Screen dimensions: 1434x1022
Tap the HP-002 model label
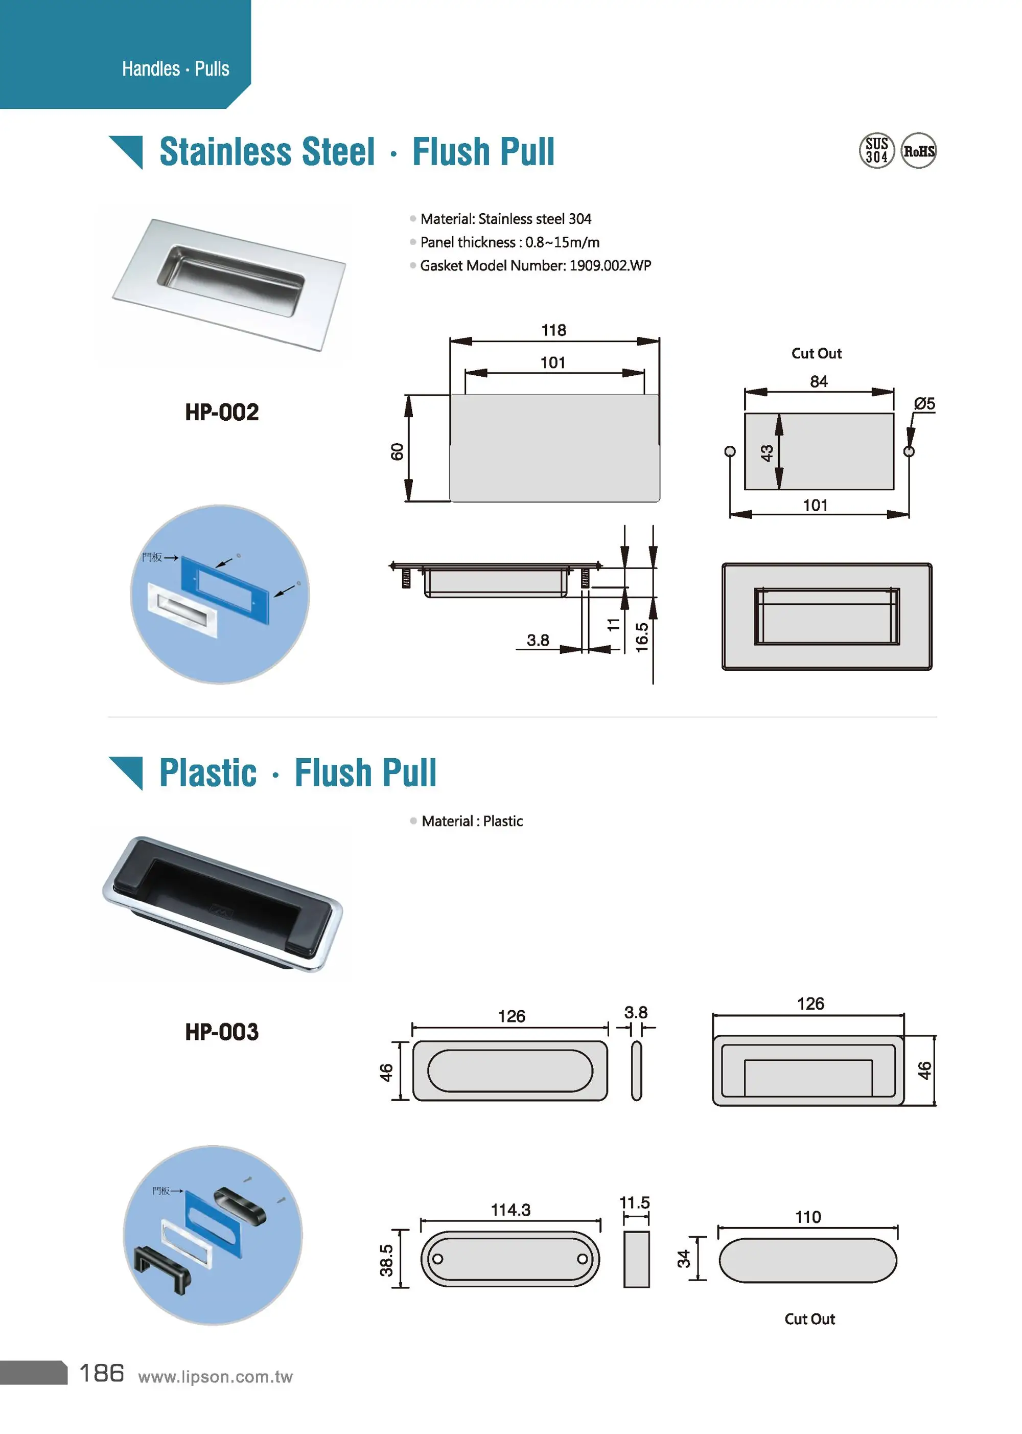[221, 413]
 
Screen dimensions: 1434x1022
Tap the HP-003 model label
[221, 1032]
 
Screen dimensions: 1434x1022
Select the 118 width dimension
[553, 330]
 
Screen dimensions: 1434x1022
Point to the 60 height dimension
[397, 451]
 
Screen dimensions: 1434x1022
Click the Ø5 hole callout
[924, 403]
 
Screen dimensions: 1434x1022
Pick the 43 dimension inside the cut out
[766, 452]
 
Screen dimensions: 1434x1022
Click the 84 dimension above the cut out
[818, 381]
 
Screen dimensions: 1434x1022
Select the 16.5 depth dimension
[641, 637]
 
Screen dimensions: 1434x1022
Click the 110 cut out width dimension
[808, 1216]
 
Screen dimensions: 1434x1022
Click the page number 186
[101, 1373]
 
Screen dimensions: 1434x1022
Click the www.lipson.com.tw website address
[215, 1377]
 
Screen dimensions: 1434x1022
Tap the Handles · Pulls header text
[176, 69]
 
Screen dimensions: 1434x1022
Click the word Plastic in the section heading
[207, 773]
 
